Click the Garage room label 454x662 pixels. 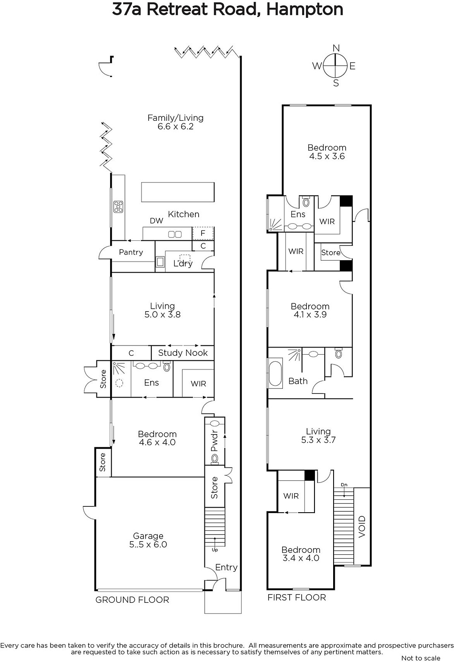click(148, 535)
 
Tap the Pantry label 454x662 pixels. click(131, 252)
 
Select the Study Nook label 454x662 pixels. click(183, 353)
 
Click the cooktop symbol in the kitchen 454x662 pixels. click(118, 206)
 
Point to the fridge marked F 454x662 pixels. click(203, 233)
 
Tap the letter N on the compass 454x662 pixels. click(336, 48)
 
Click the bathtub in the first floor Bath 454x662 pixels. click(275, 373)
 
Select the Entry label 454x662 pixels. click(226, 567)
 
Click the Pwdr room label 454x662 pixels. click(214, 440)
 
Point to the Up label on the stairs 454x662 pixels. click(215, 550)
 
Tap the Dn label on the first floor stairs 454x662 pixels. click(344, 485)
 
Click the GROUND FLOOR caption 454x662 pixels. click(132, 600)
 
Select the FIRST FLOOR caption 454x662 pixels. click(296, 597)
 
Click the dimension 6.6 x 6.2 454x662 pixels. click(175, 127)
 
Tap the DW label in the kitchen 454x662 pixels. click(156, 221)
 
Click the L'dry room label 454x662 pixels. click(183, 263)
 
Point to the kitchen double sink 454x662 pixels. click(175, 234)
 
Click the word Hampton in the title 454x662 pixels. click(305, 10)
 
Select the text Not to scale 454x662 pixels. click(420, 658)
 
